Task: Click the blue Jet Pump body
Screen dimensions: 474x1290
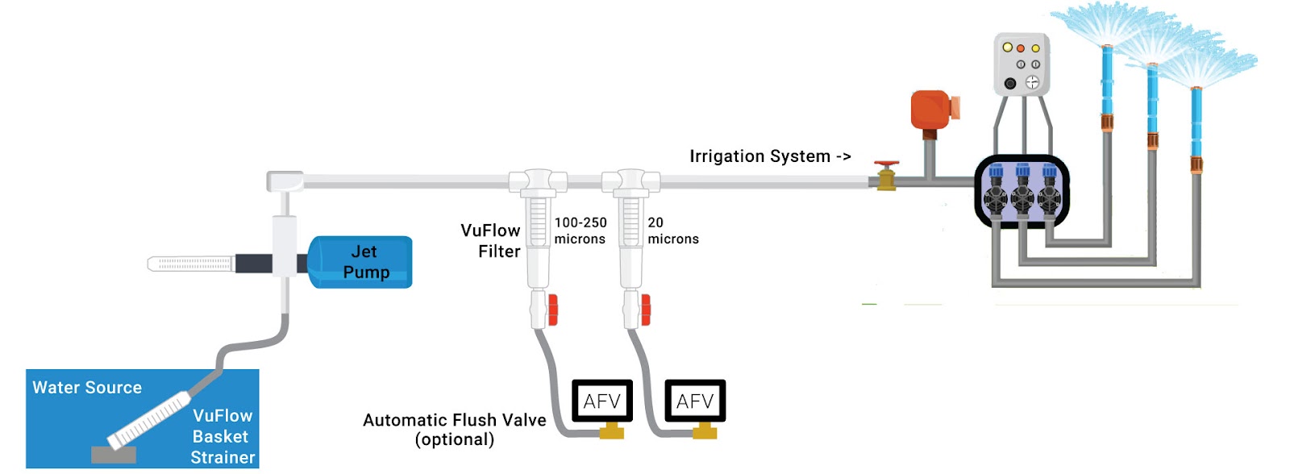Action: point(360,262)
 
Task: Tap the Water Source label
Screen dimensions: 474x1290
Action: point(87,388)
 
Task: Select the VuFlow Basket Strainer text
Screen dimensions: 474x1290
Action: point(222,436)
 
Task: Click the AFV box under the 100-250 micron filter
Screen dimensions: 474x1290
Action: point(602,401)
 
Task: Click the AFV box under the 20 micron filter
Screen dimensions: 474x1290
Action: point(695,401)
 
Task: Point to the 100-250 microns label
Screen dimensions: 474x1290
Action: point(580,231)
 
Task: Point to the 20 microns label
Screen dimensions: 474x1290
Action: point(672,231)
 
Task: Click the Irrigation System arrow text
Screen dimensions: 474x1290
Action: point(770,156)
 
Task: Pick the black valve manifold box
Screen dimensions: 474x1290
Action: point(1022,191)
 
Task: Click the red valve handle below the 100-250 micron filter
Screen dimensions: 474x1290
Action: point(553,310)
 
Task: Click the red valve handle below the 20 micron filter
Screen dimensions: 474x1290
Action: point(646,310)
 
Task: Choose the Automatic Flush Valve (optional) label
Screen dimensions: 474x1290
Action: point(454,430)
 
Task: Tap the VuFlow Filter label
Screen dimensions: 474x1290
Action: point(490,241)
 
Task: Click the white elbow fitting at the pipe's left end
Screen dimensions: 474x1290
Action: point(284,181)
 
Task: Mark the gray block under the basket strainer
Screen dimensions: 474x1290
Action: point(114,455)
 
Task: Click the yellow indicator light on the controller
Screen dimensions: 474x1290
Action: point(1007,48)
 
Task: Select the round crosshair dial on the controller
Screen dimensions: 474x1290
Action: point(1032,82)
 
